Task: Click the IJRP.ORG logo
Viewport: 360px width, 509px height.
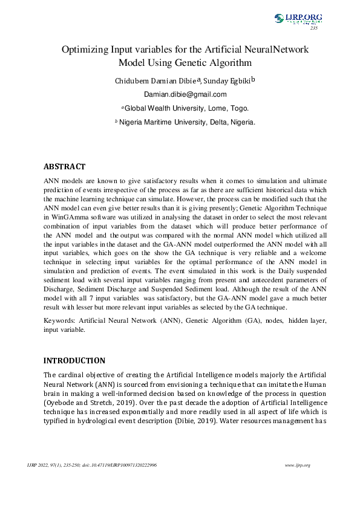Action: pos(298,18)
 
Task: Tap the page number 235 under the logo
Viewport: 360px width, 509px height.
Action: pos(313,28)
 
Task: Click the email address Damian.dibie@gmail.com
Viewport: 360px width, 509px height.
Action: pos(185,94)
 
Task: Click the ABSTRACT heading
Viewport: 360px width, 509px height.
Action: pos(64,167)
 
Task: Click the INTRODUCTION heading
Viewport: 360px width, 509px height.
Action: pos(74,361)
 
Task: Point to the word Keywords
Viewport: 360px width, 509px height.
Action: pos(61,321)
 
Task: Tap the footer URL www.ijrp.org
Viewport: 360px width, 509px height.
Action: pos(297,465)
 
